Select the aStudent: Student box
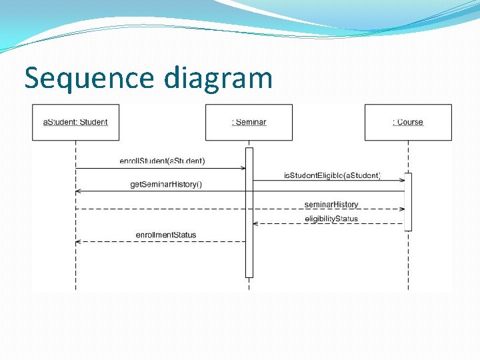[76, 122]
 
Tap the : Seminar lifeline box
[249, 122]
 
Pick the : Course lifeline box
[408, 122]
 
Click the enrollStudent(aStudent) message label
[162, 161]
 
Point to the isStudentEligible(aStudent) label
[332, 175]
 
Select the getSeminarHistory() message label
[166, 184]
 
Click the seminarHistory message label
[331, 204]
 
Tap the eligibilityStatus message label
[331, 219]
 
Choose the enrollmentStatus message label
[166, 235]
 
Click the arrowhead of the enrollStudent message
[243, 169]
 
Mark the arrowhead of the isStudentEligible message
[402, 180]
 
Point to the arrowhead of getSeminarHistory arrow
[79, 191]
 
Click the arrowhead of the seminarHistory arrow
[402, 209]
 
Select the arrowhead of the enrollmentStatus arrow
[79, 241]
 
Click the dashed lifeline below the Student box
[75, 267]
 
